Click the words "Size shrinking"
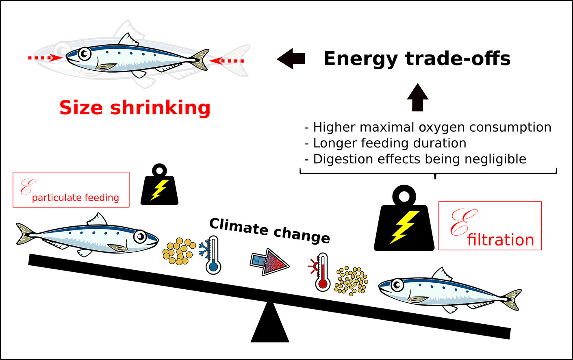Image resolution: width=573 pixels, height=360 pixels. tap(135, 108)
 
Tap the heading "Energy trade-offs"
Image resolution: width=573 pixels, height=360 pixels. tap(417, 59)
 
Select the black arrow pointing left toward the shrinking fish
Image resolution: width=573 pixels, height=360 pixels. tap(291, 59)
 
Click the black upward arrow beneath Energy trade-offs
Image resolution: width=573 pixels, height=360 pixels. tap(418, 97)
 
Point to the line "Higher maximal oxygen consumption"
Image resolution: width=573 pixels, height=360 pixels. tap(432, 127)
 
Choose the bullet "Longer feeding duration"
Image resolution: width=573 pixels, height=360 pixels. tap(389, 143)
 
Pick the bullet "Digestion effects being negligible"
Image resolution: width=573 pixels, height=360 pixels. tap(419, 159)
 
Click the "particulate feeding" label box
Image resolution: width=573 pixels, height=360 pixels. tap(71, 190)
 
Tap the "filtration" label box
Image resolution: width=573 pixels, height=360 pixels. tap(490, 226)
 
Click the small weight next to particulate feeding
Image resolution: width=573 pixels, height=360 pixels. tap(159, 187)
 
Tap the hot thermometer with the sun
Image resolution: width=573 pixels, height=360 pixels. tap(322, 272)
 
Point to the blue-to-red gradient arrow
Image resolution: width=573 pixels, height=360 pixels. tap(269, 262)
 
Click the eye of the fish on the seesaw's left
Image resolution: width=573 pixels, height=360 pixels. tap(140, 236)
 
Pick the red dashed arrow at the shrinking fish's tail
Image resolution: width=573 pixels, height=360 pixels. tap(227, 61)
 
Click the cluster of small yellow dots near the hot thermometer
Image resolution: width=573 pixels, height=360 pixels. tap(352, 280)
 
